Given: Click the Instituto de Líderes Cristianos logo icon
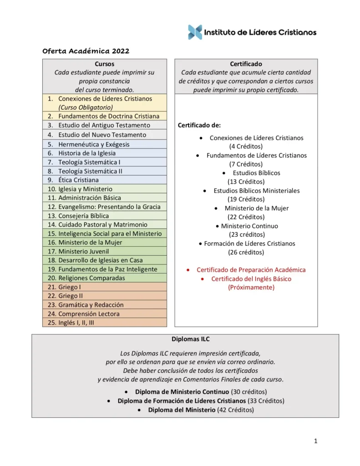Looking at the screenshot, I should click(x=195, y=32).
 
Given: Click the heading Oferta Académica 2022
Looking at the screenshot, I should click(x=86, y=51).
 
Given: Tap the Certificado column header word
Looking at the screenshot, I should click(x=246, y=64).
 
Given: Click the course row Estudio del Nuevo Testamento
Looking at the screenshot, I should click(x=102, y=135).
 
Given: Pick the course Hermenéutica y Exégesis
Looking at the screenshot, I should click(x=94, y=144).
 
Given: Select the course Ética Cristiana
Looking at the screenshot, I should click(x=78, y=180).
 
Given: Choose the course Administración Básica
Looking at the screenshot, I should click(x=90, y=198).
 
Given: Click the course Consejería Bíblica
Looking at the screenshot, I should click(x=83, y=216).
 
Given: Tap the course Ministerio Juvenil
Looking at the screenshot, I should click(x=83, y=251).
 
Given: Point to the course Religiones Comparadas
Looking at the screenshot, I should click(x=91, y=278).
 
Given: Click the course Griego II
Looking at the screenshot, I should click(x=71, y=296).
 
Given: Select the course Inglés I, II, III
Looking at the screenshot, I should click(x=76, y=323).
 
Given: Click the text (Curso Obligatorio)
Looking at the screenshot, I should click(x=86, y=108).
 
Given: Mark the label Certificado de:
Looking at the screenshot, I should click(x=199, y=125).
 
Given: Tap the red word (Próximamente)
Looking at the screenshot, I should click(x=251, y=288).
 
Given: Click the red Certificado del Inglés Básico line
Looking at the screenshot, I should click(x=251, y=279).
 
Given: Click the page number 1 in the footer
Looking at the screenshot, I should click(x=315, y=441).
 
